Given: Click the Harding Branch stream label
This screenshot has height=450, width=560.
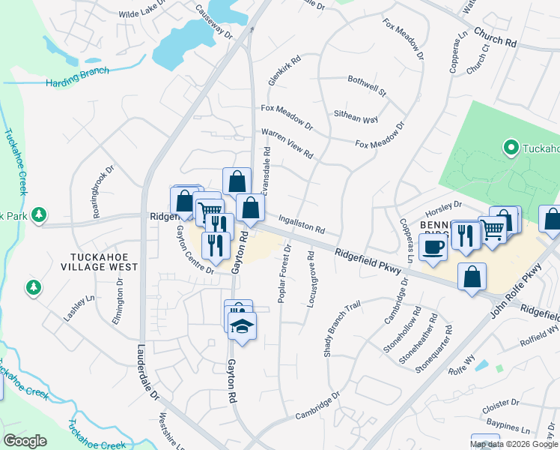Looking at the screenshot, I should point(77,76).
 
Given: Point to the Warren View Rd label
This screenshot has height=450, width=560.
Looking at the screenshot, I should point(287,142).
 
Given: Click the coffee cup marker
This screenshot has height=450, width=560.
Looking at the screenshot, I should point(433,246).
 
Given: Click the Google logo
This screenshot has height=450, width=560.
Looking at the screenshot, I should point(25,441).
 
